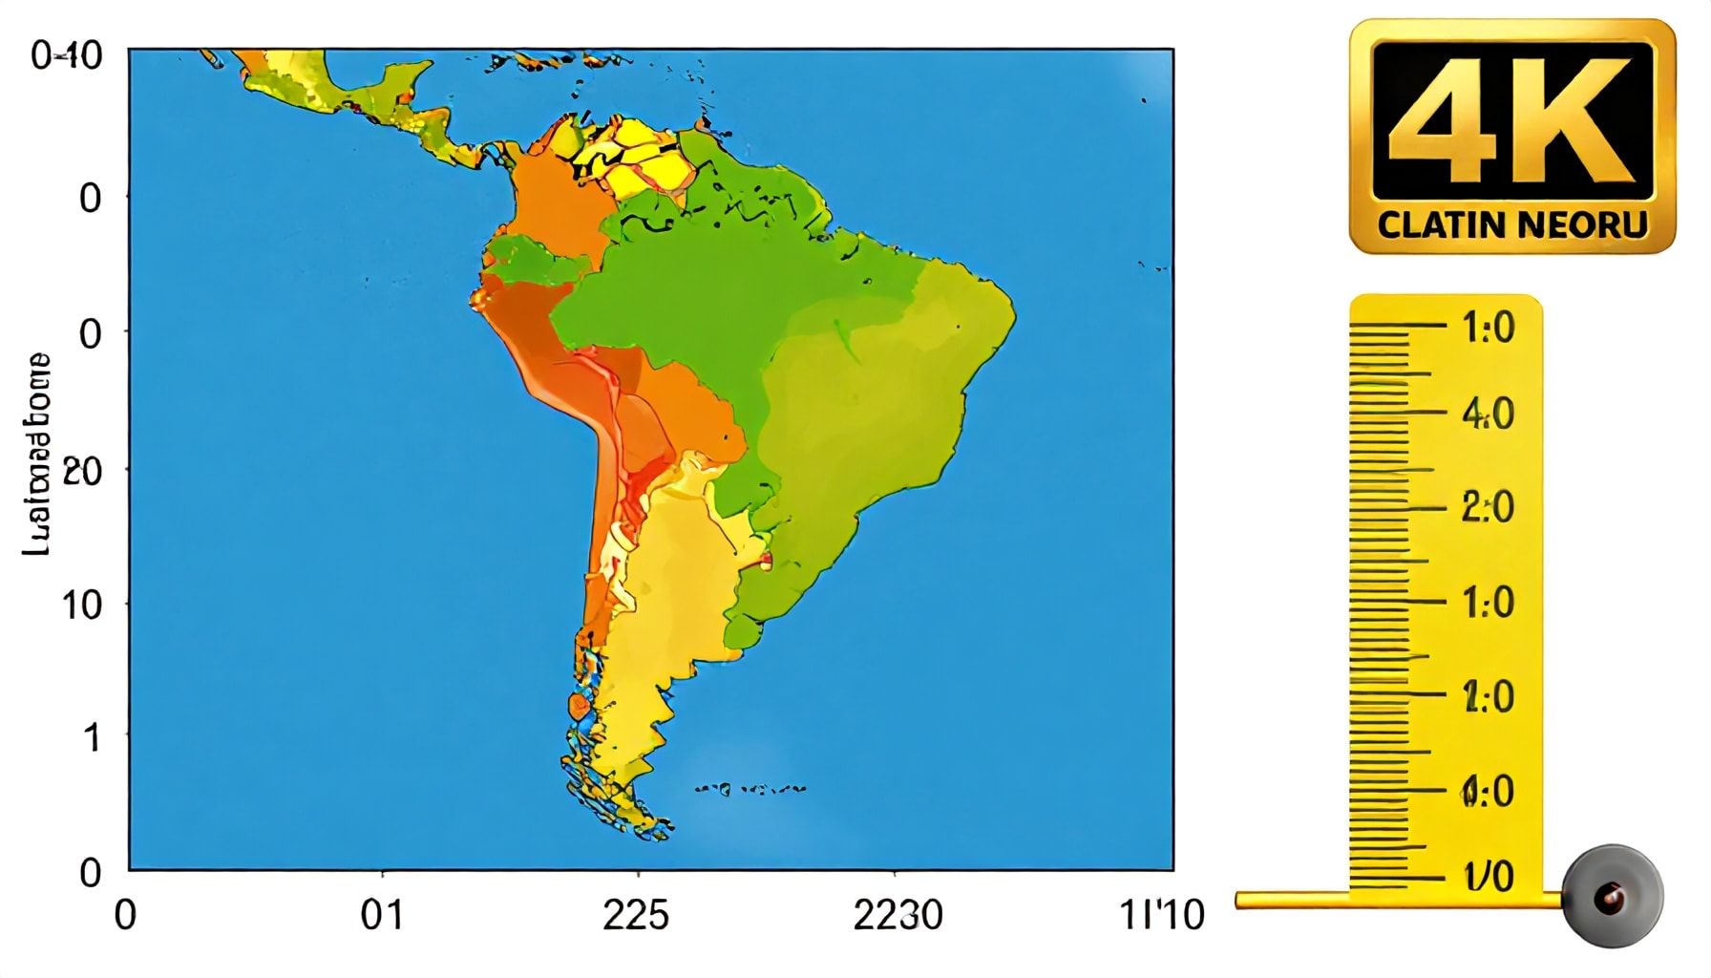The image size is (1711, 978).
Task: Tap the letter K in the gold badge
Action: point(1575,119)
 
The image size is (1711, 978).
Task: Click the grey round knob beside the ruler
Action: point(1613,897)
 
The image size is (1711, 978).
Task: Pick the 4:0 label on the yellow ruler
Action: point(1488,415)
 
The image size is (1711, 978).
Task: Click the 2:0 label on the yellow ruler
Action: point(1488,507)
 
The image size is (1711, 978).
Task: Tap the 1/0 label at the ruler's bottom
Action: point(1488,876)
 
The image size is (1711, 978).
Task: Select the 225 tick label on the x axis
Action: point(636,916)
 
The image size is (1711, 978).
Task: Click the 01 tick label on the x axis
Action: point(382,916)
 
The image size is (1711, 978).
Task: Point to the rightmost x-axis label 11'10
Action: point(1161,916)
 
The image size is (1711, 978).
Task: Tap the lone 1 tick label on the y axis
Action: point(92,737)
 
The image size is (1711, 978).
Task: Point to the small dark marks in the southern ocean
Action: point(750,789)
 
